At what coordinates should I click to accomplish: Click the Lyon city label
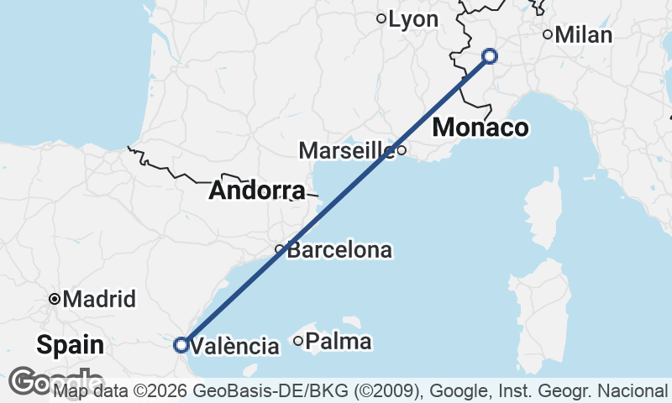click(x=413, y=18)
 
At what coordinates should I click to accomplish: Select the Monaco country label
click(x=480, y=128)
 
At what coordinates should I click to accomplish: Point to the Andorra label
click(x=256, y=191)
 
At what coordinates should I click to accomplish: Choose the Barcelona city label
click(x=339, y=250)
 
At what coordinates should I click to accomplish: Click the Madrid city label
click(x=99, y=299)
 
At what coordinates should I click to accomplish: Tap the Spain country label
click(x=71, y=344)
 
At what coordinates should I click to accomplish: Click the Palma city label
click(x=339, y=342)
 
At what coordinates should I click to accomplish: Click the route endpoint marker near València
click(x=181, y=344)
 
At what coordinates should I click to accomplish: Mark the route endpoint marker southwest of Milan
click(x=490, y=57)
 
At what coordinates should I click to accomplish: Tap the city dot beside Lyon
click(x=381, y=18)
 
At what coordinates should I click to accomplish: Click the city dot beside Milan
click(x=548, y=34)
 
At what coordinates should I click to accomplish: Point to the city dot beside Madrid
click(x=55, y=299)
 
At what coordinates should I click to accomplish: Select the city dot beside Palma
click(x=298, y=341)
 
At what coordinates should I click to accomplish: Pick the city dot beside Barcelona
click(x=280, y=249)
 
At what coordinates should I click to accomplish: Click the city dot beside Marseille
click(x=402, y=151)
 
